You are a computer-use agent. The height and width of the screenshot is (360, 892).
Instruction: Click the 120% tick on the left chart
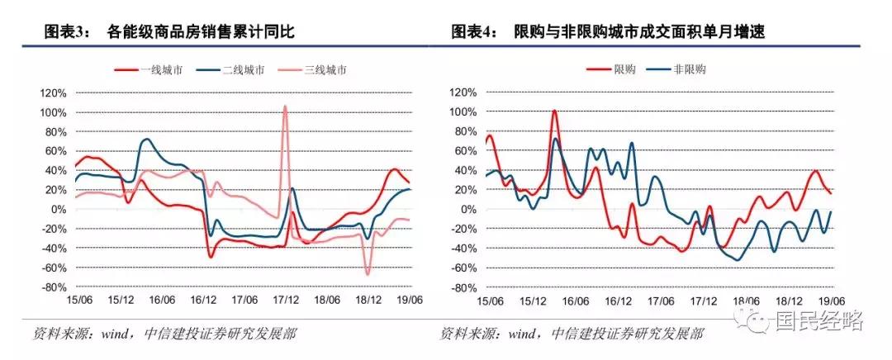pos(54,92)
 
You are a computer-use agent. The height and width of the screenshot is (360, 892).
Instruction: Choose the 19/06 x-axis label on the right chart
pos(831,301)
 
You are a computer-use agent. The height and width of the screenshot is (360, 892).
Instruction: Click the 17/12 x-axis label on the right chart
pos(705,301)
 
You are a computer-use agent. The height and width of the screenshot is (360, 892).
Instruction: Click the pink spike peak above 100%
pos(285,107)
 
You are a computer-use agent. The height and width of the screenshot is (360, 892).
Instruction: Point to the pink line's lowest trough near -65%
pos(368,273)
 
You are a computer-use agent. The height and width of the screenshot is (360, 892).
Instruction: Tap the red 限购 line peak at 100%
pos(553,111)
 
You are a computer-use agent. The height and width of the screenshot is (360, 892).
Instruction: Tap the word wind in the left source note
pos(116,334)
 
